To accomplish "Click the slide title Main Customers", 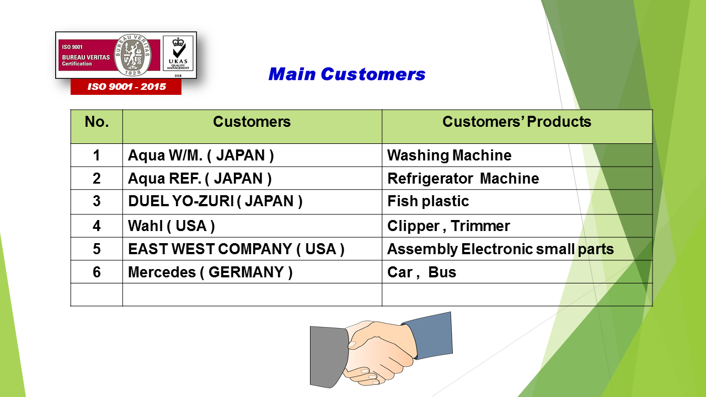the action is (x=347, y=74).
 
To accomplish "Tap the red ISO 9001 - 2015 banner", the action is (x=126, y=87).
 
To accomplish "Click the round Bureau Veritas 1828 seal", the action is (x=132, y=55).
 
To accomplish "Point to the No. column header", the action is (x=97, y=122).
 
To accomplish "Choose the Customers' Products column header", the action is (x=517, y=122).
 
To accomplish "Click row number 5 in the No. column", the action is (x=97, y=249).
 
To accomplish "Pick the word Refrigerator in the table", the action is (x=430, y=179).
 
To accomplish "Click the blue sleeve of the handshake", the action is (x=431, y=335).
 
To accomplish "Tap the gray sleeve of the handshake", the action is (x=328, y=357).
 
